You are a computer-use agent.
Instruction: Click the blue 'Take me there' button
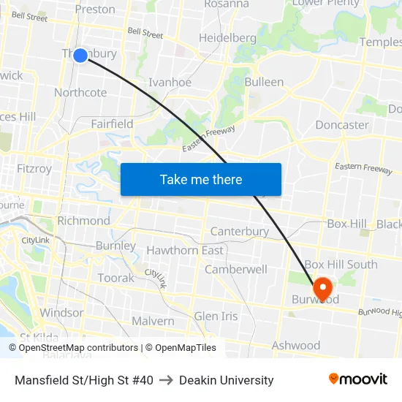201,179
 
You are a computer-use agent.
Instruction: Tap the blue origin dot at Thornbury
80,56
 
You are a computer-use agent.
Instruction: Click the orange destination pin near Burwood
322,287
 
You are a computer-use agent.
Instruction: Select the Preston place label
95,10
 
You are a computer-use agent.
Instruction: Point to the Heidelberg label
227,38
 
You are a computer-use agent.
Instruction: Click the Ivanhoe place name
170,83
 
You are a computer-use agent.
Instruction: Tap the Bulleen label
264,82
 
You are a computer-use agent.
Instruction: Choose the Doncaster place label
342,125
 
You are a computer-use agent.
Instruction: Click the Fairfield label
112,124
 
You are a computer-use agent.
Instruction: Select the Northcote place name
80,93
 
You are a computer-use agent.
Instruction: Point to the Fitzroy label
34,169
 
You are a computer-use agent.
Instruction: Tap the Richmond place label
83,221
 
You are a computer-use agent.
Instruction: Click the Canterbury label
240,232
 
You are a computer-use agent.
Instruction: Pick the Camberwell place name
235,270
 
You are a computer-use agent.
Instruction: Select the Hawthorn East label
185,251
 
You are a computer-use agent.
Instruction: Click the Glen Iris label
216,316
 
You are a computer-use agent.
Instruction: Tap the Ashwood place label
296,346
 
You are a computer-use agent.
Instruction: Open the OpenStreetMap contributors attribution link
78,348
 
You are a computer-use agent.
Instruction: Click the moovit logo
358,379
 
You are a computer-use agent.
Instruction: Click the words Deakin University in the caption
226,380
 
